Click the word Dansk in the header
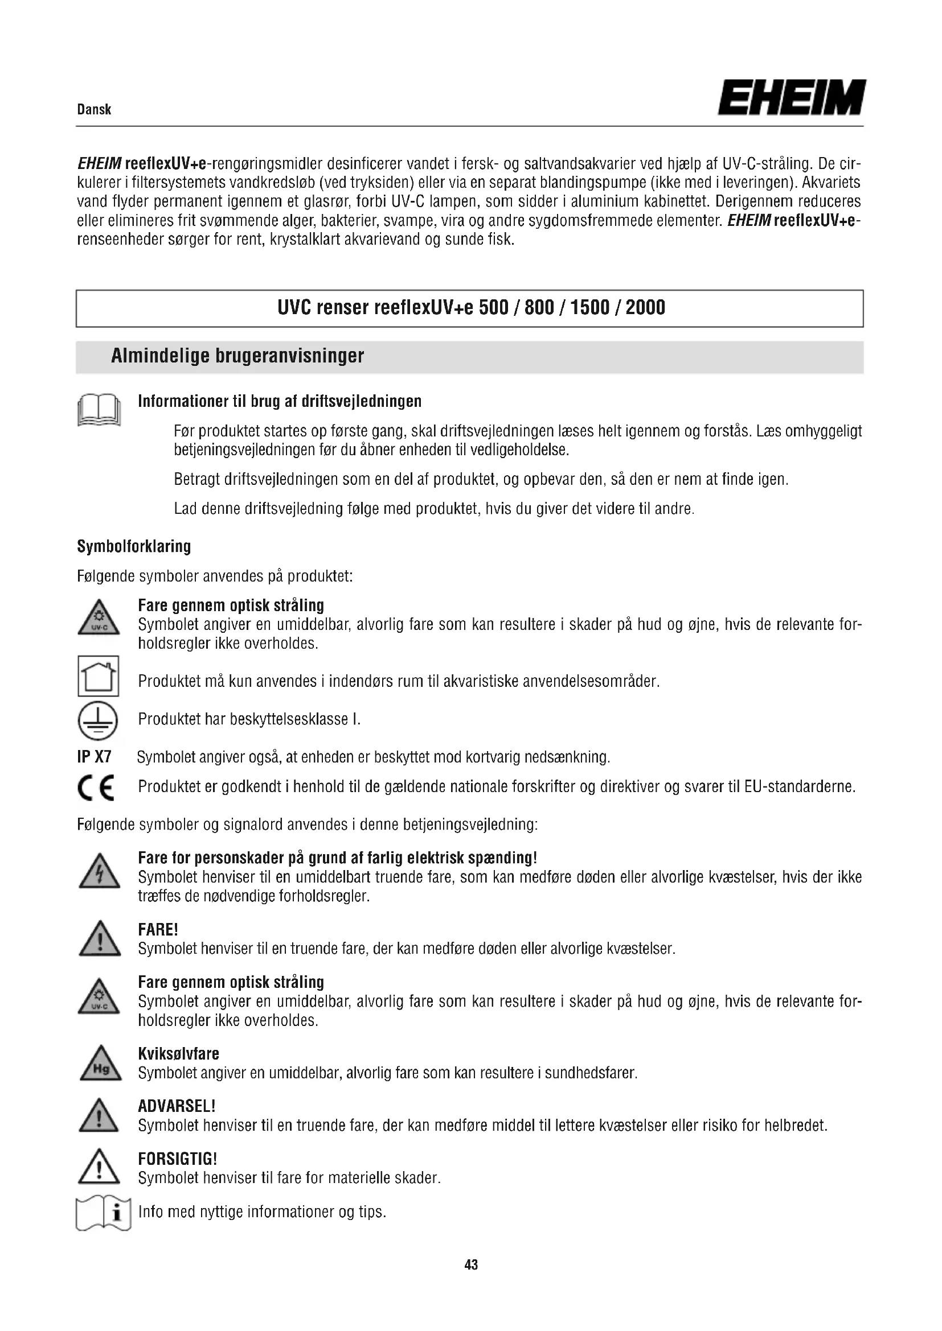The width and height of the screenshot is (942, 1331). [94, 110]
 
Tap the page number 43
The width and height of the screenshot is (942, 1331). [471, 1265]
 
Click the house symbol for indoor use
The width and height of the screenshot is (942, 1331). [99, 676]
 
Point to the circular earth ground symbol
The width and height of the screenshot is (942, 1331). [98, 721]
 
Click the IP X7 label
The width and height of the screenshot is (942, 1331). [94, 756]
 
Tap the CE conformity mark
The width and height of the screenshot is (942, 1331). [96, 787]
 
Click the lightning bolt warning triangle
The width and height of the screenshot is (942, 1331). [99, 872]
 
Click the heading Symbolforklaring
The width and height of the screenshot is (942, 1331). [134, 546]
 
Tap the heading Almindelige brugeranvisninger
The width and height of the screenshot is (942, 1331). [237, 355]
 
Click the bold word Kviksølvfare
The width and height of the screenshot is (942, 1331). [179, 1053]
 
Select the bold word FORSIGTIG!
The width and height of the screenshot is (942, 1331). [178, 1159]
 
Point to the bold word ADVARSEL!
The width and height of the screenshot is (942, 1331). [177, 1106]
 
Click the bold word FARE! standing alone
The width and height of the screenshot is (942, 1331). [158, 930]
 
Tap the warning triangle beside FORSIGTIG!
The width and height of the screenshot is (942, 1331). [99, 1167]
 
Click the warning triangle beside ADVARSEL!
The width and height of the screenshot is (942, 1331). [99, 1116]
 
